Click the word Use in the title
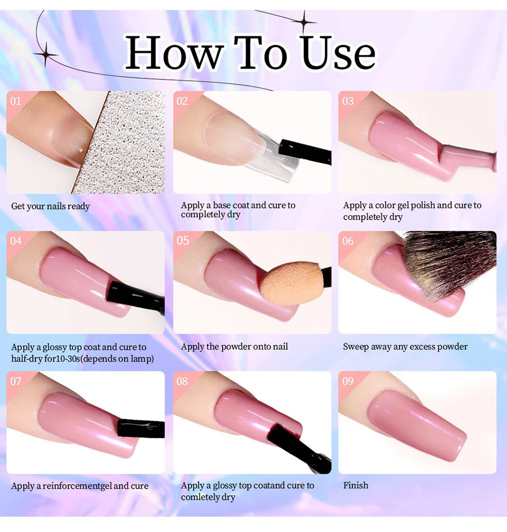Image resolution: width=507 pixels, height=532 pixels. (339, 53)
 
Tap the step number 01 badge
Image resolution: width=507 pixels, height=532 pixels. (16, 100)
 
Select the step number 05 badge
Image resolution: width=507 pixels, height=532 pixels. (183, 241)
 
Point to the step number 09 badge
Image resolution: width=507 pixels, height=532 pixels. (348, 381)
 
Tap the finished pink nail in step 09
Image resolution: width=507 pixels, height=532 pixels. (417, 422)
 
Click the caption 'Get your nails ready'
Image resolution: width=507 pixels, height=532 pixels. (51, 206)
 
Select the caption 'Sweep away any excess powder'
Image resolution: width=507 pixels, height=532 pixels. (405, 347)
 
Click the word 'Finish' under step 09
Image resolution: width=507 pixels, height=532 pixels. (355, 485)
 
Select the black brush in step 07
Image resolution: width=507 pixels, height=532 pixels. (140, 427)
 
